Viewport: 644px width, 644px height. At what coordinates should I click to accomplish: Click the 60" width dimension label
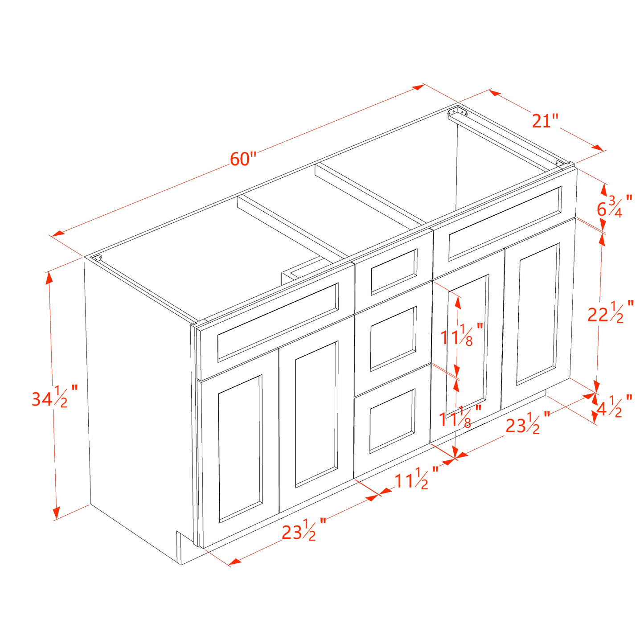tap(243, 159)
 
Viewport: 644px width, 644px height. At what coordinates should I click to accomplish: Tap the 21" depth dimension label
tap(545, 121)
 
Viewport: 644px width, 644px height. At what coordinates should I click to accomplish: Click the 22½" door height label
tap(611, 312)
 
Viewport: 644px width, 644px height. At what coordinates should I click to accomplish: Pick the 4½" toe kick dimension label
tap(614, 406)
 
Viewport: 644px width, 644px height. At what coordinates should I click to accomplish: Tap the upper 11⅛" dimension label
tap(462, 335)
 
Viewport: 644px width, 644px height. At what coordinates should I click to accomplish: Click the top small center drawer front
tap(394, 272)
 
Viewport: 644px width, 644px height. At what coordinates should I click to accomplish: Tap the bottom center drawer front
tap(392, 421)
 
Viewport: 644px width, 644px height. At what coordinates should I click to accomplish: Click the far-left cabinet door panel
tap(240, 448)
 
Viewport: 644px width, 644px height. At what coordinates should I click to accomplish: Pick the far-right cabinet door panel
tap(538, 314)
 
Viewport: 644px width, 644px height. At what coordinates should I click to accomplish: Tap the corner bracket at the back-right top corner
tap(458, 111)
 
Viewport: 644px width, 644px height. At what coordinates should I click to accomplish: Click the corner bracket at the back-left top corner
tap(97, 258)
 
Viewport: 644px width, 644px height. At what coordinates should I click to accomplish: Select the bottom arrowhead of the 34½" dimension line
tap(56, 513)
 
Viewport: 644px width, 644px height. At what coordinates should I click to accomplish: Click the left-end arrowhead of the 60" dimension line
tap(58, 233)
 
